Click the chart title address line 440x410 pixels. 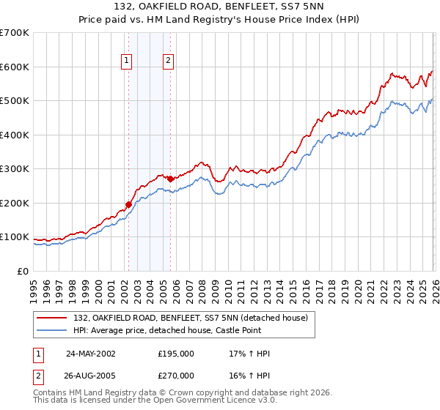[x=219, y=7]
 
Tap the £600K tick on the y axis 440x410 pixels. [x=15, y=67]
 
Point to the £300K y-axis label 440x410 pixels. [x=15, y=169]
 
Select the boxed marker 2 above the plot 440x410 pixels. [x=169, y=61]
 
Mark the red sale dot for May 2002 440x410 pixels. [x=128, y=205]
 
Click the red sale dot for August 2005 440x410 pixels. [x=170, y=179]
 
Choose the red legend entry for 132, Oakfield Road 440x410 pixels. [x=194, y=317]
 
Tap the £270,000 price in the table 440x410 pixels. [x=176, y=374]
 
